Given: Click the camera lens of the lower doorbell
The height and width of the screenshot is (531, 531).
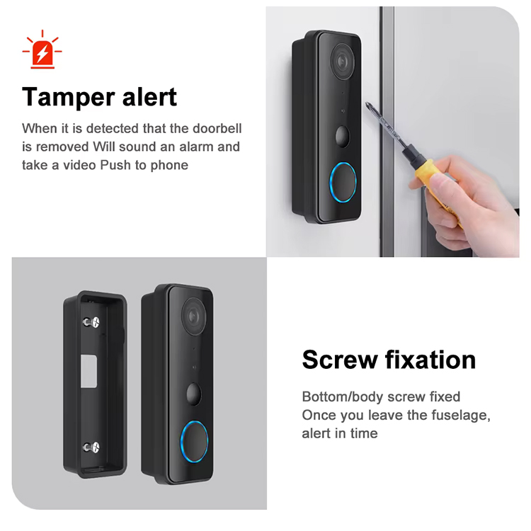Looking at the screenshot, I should click(x=194, y=312).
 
